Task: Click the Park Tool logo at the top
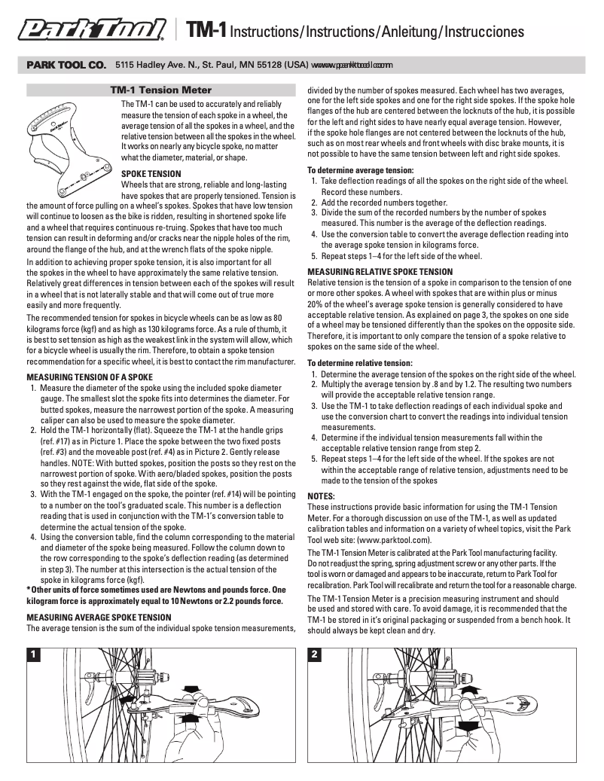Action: point(93,30)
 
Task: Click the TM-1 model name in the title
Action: point(206,31)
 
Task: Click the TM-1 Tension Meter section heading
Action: point(160,90)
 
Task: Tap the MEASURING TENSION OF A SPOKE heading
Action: point(90,377)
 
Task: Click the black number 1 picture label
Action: point(34,655)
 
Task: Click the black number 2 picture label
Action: point(316,655)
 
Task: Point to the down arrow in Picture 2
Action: point(468,724)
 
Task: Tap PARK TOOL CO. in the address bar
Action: point(66,66)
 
